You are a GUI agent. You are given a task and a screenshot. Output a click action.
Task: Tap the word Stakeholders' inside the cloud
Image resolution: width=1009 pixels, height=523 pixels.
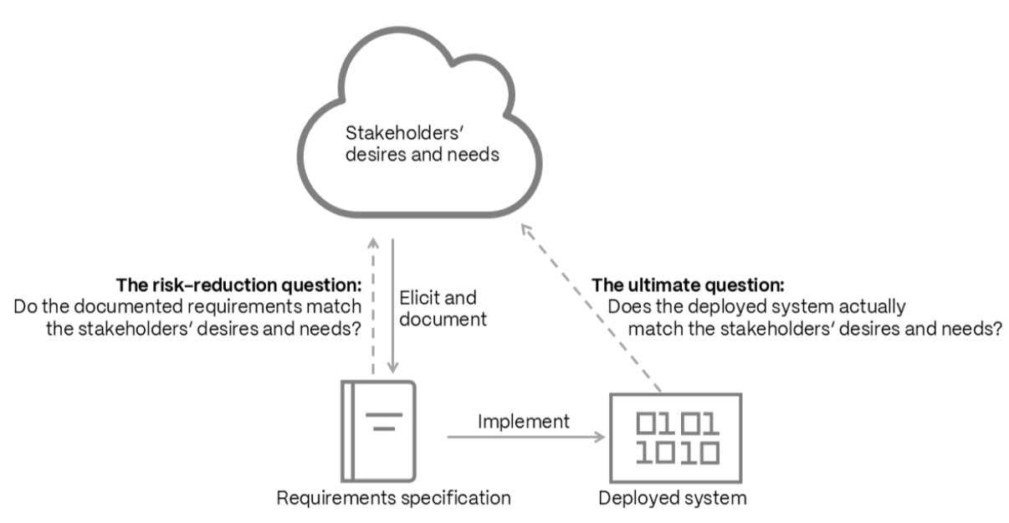404,133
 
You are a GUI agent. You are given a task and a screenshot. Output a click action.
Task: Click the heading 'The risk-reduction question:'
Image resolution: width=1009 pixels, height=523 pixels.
238,285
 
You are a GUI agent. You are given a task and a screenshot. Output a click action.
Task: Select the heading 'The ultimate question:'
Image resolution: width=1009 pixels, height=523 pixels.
688,285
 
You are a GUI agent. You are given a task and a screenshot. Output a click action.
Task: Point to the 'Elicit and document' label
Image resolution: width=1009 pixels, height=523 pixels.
443,309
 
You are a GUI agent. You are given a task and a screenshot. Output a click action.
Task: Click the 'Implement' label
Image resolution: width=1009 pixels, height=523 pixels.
524,422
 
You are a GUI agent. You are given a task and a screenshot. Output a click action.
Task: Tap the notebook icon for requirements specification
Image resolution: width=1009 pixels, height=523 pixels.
378,431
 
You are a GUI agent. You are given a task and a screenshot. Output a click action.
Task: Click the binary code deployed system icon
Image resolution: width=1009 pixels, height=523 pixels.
676,438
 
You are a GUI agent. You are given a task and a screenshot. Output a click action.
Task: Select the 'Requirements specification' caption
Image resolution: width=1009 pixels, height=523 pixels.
394,498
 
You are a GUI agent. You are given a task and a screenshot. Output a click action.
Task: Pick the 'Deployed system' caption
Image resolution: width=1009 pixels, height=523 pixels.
673,498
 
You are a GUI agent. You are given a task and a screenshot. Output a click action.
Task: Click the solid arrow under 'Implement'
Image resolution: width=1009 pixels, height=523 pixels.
526,437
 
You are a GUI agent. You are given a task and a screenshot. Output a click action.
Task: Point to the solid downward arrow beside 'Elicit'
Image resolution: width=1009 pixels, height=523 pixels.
392,306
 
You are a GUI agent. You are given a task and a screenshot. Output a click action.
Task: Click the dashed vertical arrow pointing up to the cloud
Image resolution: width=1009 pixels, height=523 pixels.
373,306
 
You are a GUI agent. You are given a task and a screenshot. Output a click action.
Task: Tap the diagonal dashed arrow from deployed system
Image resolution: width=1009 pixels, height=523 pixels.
591,308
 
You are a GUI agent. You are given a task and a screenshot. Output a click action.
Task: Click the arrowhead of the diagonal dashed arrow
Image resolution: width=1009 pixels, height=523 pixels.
526,229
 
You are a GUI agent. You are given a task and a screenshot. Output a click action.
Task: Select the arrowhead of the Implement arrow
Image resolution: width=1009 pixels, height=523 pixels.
601,437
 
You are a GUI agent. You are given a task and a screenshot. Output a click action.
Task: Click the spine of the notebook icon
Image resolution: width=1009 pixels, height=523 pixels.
347,431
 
